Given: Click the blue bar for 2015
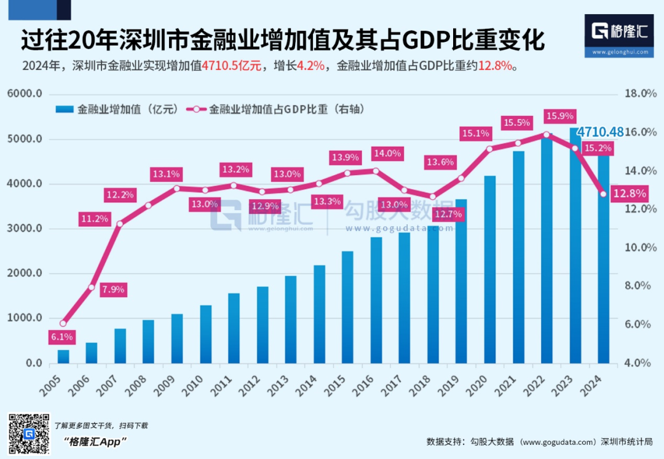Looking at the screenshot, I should point(347,307).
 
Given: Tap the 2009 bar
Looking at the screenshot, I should point(177,339).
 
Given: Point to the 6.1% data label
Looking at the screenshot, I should point(62,337).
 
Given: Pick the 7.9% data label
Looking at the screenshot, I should point(113,289).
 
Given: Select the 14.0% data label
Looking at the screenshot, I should point(387,154).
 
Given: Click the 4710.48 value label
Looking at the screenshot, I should point(600,131).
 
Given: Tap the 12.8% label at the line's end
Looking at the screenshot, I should point(630,194).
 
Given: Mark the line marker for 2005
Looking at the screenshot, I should point(63,323).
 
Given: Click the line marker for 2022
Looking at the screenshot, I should point(547,134).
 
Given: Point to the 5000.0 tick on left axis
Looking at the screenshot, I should point(25,139).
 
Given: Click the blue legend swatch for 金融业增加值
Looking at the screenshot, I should point(64,109).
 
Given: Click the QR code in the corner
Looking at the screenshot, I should point(28,434).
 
